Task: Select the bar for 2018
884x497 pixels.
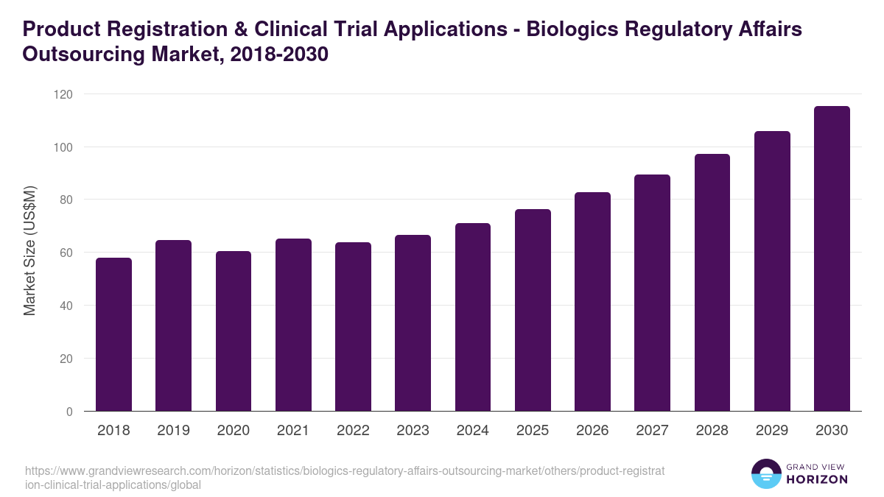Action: (113, 335)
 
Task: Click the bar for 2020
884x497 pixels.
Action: (234, 331)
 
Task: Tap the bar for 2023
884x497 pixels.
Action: (413, 323)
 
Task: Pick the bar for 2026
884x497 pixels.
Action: (592, 302)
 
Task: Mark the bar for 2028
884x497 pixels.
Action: (712, 283)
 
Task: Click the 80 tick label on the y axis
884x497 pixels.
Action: (66, 200)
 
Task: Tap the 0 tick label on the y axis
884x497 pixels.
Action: (69, 412)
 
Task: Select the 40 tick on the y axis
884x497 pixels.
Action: (66, 306)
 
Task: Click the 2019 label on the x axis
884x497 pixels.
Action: (173, 431)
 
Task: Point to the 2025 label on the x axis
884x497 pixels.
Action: (532, 431)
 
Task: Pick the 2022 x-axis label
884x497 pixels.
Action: (353, 431)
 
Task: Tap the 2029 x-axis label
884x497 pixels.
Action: (771, 431)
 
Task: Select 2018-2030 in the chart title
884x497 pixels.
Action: (279, 55)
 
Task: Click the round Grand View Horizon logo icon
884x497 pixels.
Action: (765, 473)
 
